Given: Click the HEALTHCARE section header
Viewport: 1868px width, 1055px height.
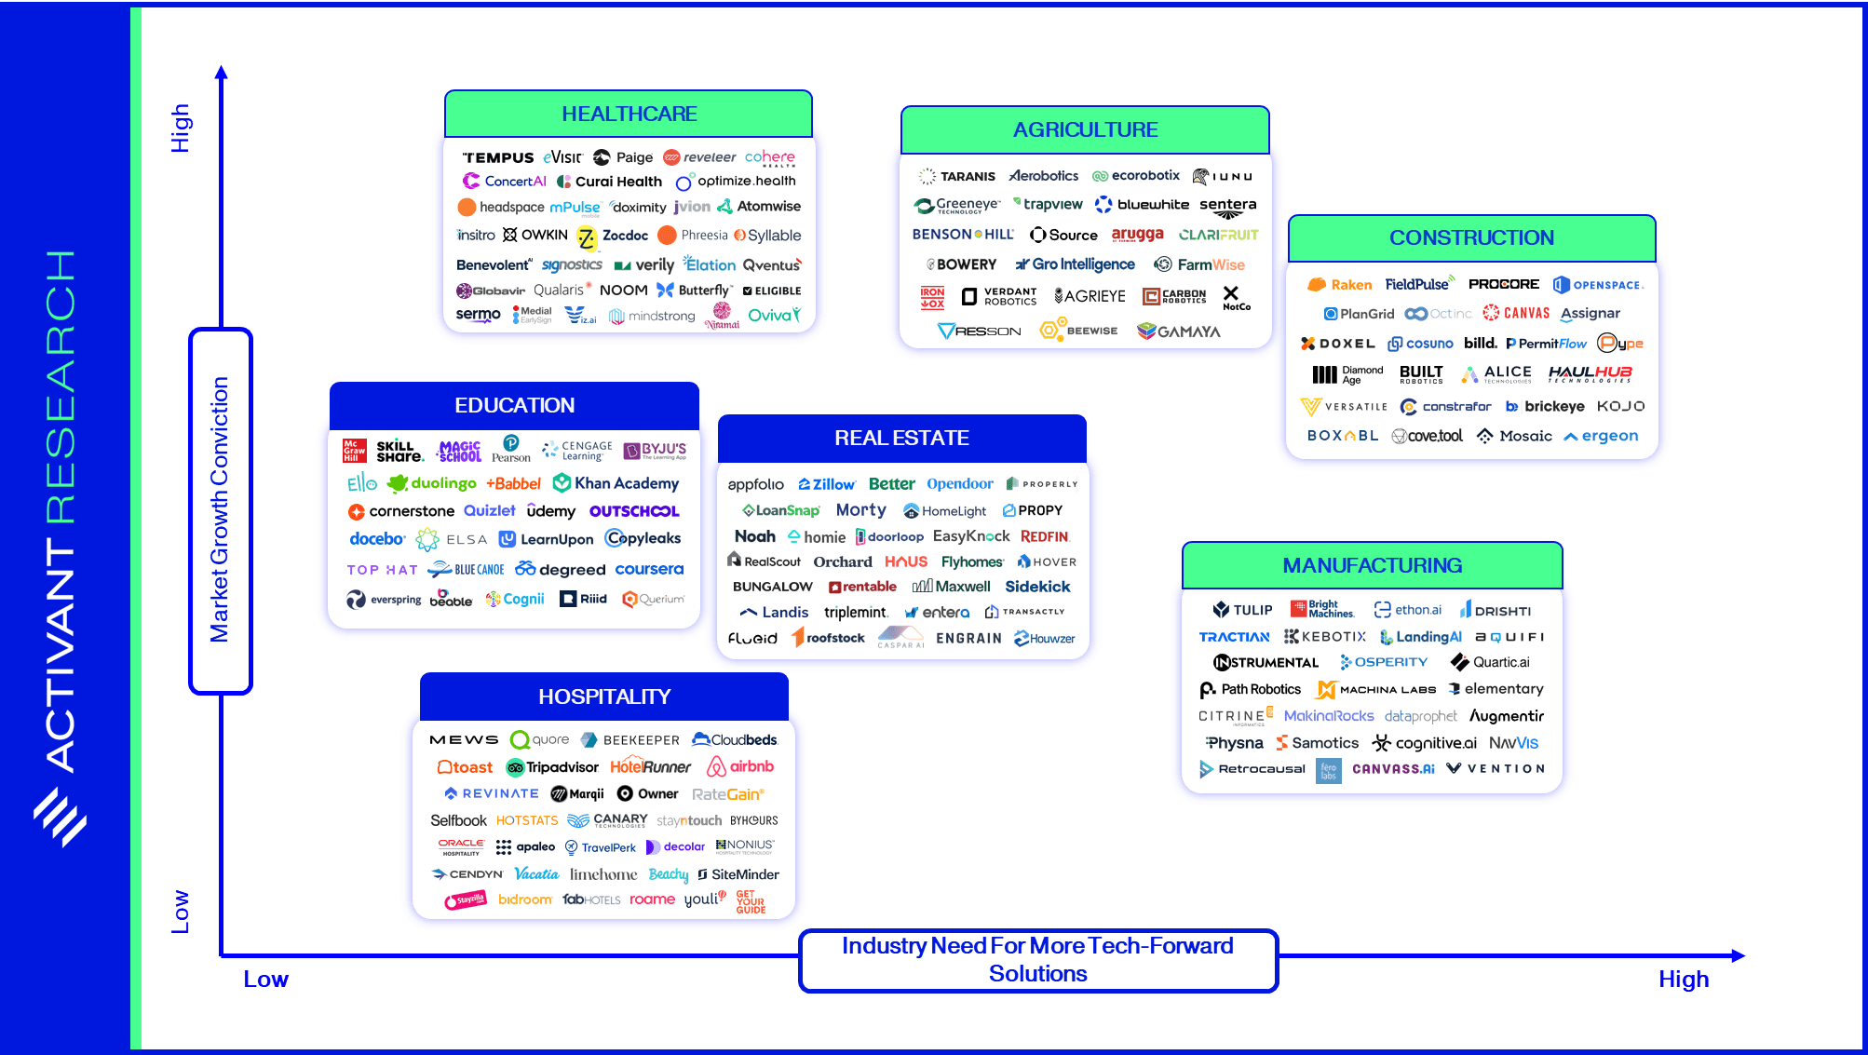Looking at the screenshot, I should click(x=629, y=114).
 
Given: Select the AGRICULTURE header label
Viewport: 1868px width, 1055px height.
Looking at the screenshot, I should click(x=1085, y=129).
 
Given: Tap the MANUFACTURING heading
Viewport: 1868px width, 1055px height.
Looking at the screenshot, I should click(x=1372, y=565).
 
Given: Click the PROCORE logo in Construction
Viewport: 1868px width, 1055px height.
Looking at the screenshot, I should click(x=1503, y=284).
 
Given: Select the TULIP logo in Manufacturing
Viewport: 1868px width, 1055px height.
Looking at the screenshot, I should click(x=1242, y=610).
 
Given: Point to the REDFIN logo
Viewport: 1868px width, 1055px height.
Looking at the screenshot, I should click(x=1044, y=536).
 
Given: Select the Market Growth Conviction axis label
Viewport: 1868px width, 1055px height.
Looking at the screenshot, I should click(x=220, y=509).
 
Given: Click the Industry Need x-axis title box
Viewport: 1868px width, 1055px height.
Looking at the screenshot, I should click(x=1037, y=959).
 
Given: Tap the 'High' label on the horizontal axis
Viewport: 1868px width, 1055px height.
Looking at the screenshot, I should click(x=1683, y=980).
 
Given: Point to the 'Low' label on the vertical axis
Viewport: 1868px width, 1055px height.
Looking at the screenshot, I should click(x=180, y=911).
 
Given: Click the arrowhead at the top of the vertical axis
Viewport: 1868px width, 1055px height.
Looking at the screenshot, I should click(x=221, y=72).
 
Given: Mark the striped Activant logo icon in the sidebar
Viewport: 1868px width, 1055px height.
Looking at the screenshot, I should click(x=61, y=817).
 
